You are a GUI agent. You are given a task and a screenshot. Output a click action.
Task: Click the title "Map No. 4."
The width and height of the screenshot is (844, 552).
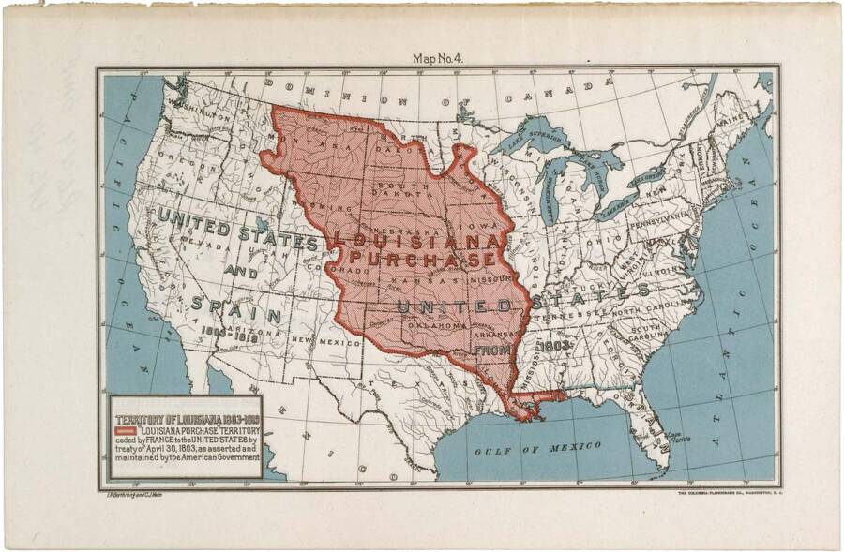click(x=438, y=58)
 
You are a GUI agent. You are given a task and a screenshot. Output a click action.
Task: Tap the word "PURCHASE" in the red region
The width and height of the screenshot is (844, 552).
click(x=421, y=258)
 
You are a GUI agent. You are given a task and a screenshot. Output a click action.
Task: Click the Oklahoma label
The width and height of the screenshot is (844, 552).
click(x=433, y=324)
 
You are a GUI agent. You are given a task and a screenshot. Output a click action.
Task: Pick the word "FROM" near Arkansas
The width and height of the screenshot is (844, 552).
click(x=492, y=349)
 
